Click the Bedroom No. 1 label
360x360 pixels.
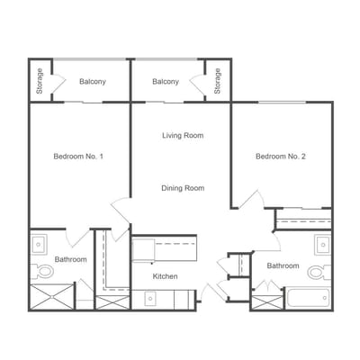[78, 157]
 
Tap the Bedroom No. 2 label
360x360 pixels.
[281, 157]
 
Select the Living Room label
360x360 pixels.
[183, 136]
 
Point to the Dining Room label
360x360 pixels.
[183, 188]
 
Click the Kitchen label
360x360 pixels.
[165, 276]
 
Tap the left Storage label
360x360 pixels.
[40, 81]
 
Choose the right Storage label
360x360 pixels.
[218, 81]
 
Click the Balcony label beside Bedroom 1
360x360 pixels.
[93, 82]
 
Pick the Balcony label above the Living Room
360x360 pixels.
[166, 82]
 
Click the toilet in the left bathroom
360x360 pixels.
[42, 272]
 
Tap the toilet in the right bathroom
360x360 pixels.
[319, 273]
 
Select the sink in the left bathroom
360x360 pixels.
[39, 245]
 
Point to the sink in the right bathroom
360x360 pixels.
[322, 245]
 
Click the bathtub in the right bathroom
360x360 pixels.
[309, 298]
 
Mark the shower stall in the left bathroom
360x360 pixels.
[52, 296]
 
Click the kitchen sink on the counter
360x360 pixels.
[150, 298]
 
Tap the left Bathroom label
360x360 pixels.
[71, 259]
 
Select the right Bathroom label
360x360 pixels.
[283, 265]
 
